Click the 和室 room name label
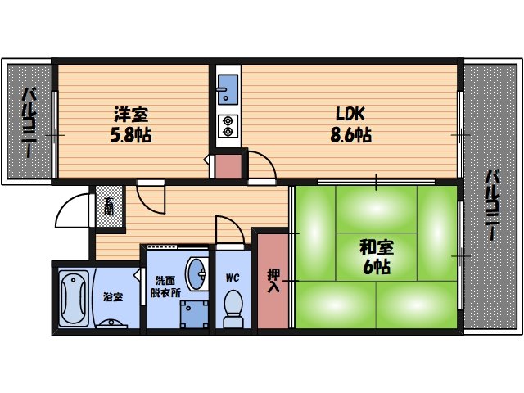point(373,246)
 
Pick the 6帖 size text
point(374,266)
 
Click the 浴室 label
point(113,296)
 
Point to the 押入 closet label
point(273,280)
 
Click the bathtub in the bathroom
point(74,297)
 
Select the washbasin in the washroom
point(196,273)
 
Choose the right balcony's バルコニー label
point(494,205)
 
